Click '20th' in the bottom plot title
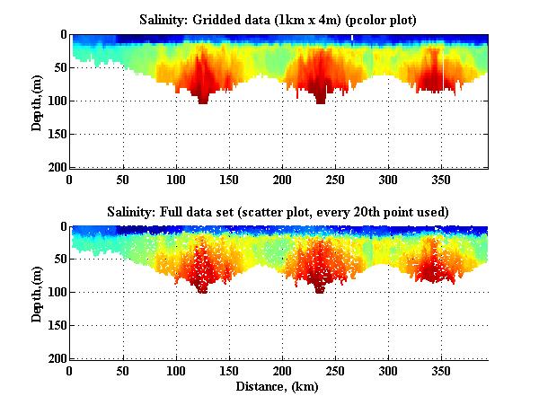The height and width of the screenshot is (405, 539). tap(380, 212)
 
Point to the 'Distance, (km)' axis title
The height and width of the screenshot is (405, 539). tap(278, 388)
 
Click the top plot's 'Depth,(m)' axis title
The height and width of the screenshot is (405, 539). tap(37, 101)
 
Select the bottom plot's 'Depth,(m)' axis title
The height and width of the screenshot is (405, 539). tap(37, 294)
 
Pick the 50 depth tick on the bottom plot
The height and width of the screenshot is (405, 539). tap(58, 260)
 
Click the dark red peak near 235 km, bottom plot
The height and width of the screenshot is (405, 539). tap(319, 286)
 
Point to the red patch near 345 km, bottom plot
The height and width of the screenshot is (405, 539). tap(435, 265)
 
